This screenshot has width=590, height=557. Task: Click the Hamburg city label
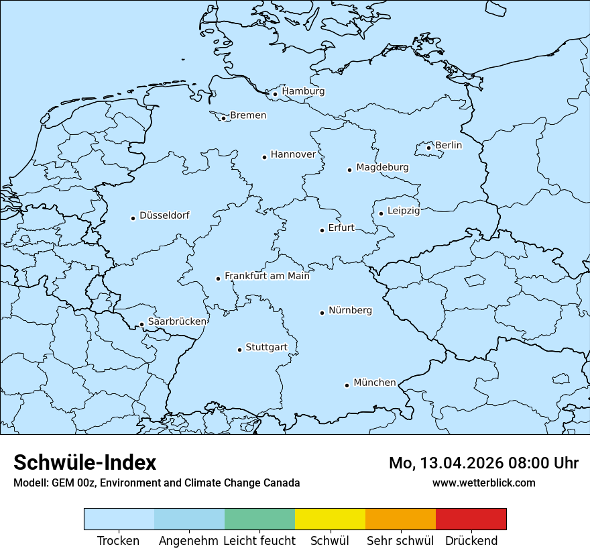(x=303, y=91)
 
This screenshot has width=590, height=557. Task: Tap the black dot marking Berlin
(x=429, y=148)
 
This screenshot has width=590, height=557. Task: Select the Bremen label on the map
(x=248, y=115)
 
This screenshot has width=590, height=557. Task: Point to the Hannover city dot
(x=264, y=157)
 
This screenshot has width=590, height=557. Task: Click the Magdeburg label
(x=382, y=167)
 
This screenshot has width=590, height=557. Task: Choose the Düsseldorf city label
(x=164, y=215)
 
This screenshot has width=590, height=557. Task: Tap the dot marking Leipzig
(x=381, y=213)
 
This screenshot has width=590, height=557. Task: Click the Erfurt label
(x=341, y=227)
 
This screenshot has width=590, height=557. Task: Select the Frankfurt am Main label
(x=267, y=276)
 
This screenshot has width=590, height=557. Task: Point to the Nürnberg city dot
(x=322, y=313)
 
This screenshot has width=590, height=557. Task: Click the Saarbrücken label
(x=177, y=321)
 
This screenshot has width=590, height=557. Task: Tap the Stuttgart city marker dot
(x=239, y=350)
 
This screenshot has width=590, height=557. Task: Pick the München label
(x=374, y=383)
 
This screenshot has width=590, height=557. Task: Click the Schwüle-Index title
(x=85, y=462)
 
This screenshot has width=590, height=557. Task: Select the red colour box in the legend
(x=471, y=519)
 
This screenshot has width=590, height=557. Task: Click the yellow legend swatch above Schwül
(x=330, y=519)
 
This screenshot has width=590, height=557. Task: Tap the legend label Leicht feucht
(x=259, y=541)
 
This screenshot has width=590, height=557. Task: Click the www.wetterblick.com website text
(x=483, y=483)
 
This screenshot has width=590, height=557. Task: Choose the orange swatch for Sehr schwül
(x=400, y=519)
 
